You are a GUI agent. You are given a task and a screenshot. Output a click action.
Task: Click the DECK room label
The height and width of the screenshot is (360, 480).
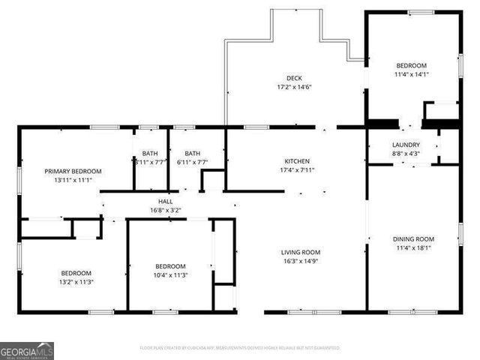[294, 78]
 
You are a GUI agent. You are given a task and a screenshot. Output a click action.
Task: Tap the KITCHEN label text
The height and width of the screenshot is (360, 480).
[296, 161]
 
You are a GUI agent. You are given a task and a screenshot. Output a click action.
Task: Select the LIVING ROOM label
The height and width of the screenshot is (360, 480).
[301, 253]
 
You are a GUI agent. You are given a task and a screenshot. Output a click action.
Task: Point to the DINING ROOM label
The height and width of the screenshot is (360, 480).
[413, 239]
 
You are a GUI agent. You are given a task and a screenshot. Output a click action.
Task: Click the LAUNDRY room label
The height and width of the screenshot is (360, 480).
[406, 145]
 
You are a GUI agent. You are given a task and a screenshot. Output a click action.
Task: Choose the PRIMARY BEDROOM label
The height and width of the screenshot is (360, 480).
[73, 171]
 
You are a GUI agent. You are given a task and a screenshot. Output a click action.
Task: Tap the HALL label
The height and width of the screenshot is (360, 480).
[165, 202]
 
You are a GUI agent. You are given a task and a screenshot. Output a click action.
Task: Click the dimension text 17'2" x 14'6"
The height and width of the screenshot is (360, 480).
[294, 87]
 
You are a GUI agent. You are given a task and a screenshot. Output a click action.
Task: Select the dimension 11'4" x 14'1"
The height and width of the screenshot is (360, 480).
[411, 74]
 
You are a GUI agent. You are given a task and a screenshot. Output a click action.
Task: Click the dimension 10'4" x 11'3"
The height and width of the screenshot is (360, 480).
[170, 275]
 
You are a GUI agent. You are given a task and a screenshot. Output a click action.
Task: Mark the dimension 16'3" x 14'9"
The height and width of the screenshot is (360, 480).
[301, 262]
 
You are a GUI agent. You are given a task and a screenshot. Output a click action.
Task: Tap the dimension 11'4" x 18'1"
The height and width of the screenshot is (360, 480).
[413, 248]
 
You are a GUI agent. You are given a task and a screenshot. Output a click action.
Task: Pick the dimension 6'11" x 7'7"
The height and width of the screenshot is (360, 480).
[193, 161]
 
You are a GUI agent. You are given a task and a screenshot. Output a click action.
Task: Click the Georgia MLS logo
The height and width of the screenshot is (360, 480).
[27, 350]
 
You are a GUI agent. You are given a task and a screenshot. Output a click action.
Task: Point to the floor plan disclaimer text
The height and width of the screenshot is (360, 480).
[239, 348]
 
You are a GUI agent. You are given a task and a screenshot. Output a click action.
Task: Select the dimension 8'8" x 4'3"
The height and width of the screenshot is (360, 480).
[406, 154]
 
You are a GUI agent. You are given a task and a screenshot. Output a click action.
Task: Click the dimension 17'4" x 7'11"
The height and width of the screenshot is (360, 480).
[296, 170]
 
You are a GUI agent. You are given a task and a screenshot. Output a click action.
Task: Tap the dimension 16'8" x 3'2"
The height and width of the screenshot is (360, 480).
[165, 211]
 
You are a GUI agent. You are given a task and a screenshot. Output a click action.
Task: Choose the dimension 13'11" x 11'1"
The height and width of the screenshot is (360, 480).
[73, 180]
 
